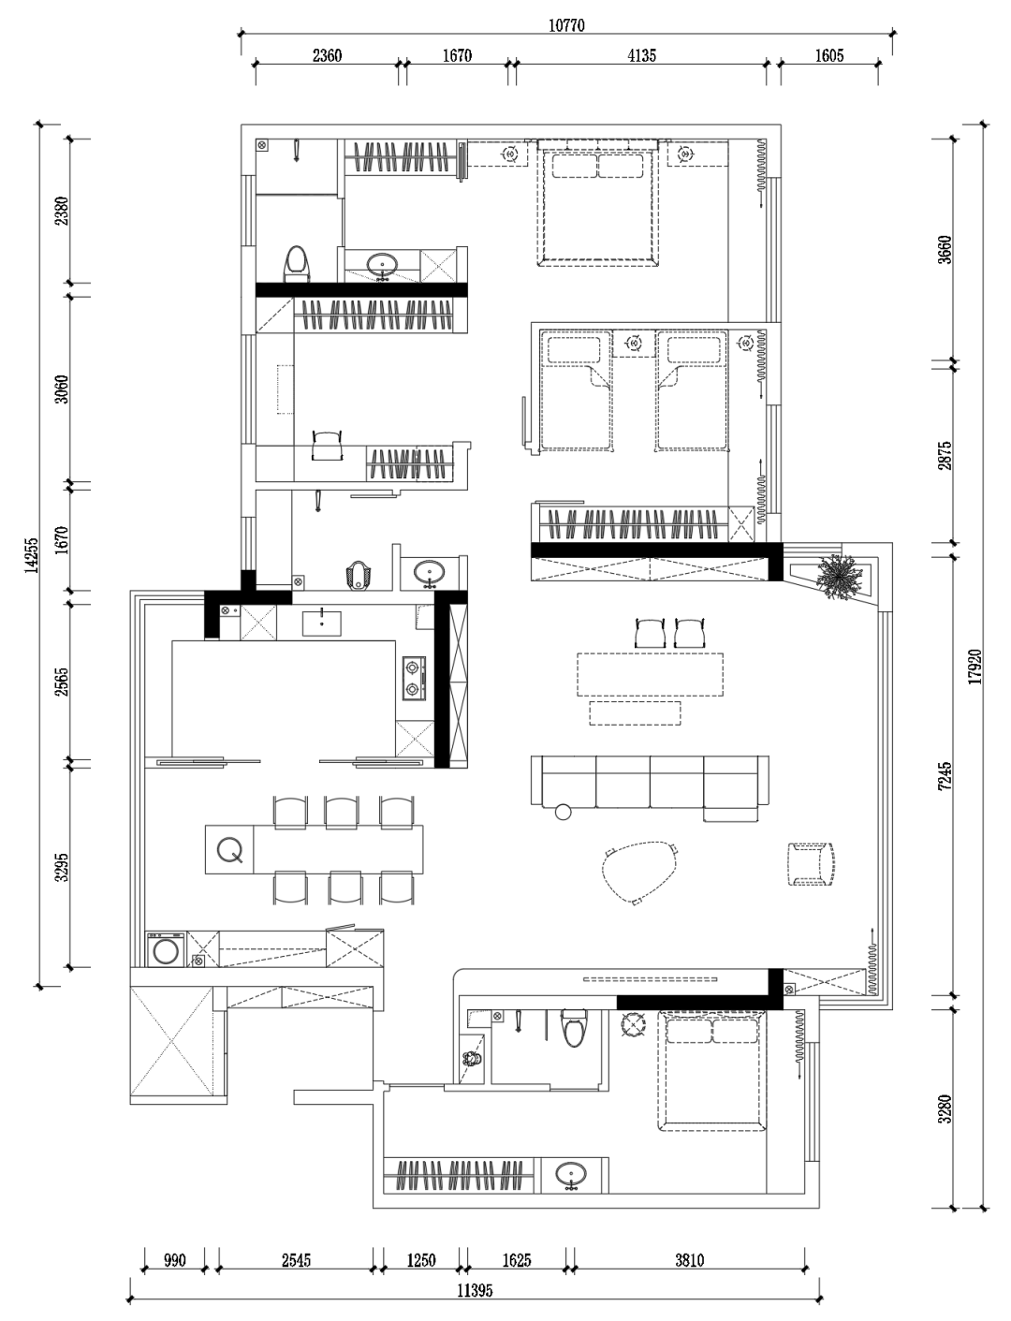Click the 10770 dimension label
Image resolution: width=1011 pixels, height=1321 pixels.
pyautogui.click(x=566, y=25)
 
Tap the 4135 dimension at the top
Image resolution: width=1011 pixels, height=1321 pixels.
pyautogui.click(x=641, y=56)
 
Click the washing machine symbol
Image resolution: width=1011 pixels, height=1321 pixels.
pyautogui.click(x=165, y=950)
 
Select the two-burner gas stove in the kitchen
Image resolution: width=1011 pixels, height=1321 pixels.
pyautogui.click(x=414, y=678)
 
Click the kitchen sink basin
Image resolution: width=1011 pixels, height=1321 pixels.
pyautogui.click(x=321, y=623)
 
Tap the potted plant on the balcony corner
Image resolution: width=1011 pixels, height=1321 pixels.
pyautogui.click(x=839, y=577)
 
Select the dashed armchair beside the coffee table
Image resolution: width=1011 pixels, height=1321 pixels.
pyautogui.click(x=812, y=864)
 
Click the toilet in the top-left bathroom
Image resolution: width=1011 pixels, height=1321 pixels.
pyautogui.click(x=295, y=264)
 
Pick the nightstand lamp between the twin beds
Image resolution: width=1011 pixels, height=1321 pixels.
pyautogui.click(x=634, y=344)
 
